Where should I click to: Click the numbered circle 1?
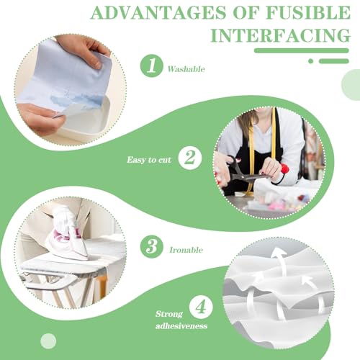point(151,67)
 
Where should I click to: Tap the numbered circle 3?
point(152,247)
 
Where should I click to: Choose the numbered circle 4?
point(201,307)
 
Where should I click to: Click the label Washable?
point(186,70)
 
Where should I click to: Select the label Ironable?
point(186,250)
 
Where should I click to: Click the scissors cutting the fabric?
point(245,173)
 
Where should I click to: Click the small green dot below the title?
point(310,61)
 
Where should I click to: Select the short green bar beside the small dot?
point(333,61)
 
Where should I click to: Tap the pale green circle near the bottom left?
point(49,341)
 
